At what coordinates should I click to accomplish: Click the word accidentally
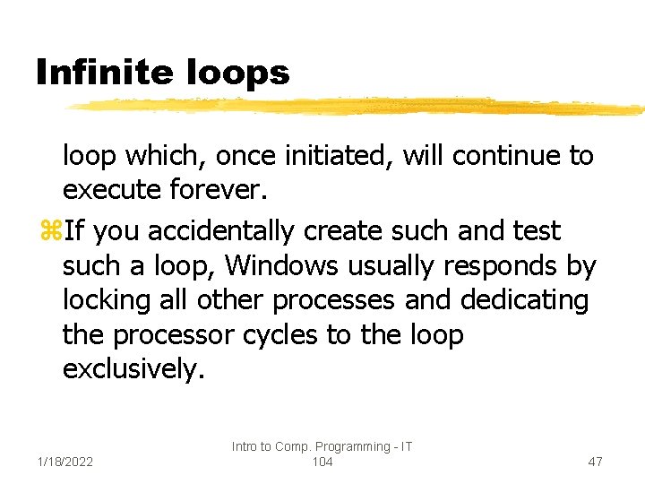tap(220, 231)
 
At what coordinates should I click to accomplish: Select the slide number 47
tap(595, 462)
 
